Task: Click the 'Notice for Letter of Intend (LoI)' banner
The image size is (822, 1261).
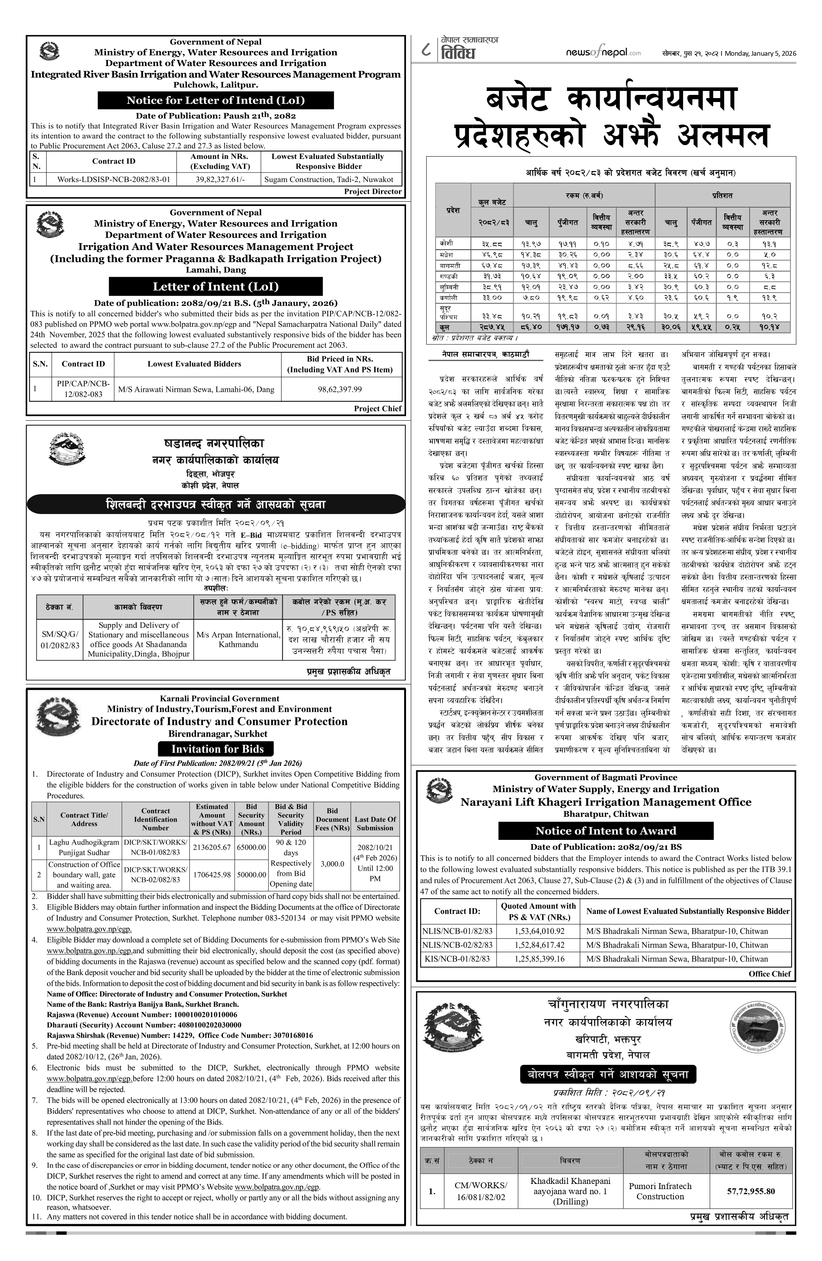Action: pyautogui.click(x=215, y=100)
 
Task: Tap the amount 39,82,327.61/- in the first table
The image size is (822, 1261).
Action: pyautogui.click(x=220, y=179)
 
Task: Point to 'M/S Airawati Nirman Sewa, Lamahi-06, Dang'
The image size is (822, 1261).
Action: pyautogui.click(x=196, y=389)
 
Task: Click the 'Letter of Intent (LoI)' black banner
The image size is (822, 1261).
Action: pyautogui.click(x=215, y=287)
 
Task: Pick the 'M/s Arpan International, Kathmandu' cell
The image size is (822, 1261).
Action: pyautogui.click(x=238, y=639)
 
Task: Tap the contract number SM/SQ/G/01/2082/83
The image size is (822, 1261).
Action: pyautogui.click(x=60, y=639)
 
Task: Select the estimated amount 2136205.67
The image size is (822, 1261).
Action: pyautogui.click(x=212, y=847)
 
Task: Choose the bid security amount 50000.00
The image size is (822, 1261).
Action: pyautogui.click(x=251, y=874)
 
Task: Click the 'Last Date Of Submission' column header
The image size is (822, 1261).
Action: pyautogui.click(x=375, y=823)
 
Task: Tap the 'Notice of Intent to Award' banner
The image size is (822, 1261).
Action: pyautogui.click(x=605, y=831)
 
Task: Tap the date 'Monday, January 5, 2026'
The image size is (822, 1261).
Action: pyautogui.click(x=761, y=53)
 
